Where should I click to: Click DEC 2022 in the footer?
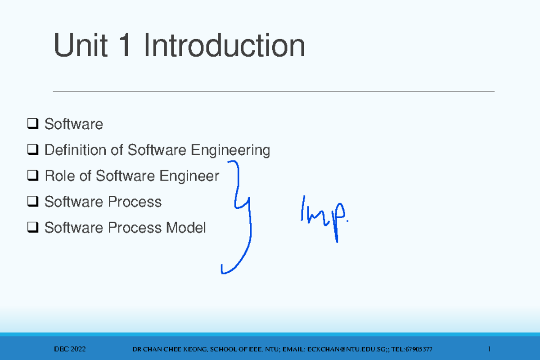click(70, 349)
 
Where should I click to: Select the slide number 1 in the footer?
click(488, 349)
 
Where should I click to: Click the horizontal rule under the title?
click(274, 91)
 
